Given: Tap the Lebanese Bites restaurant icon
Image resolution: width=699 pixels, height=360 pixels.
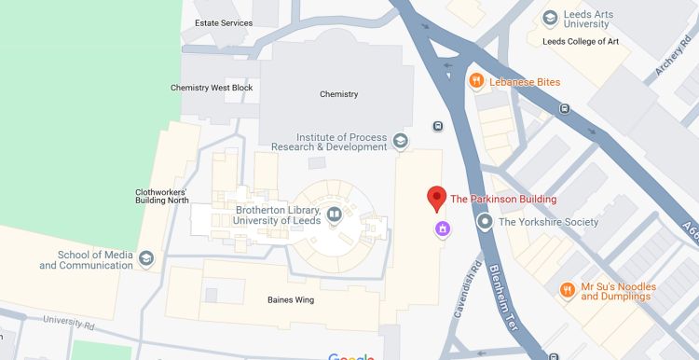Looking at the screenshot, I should (475, 81).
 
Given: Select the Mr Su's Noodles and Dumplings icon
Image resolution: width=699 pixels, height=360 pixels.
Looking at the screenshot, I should (566, 291).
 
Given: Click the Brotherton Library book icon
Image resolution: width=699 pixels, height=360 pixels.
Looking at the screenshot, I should (333, 215).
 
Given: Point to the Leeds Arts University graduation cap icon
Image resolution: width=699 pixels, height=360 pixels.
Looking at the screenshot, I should (550, 17).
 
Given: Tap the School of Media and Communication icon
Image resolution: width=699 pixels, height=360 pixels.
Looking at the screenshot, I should (146, 258).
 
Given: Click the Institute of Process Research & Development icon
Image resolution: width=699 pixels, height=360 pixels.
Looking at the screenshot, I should (400, 141).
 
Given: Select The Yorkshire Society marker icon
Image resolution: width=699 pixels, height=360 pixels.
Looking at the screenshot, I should (485, 222).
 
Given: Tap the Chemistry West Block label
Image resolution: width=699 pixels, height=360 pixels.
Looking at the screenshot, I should (212, 88).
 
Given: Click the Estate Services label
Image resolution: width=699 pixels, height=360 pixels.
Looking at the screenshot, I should (224, 23).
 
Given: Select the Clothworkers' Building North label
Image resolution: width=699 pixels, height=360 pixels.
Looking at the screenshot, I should (162, 196).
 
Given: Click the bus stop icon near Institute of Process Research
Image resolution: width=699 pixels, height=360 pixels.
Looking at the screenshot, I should (438, 126).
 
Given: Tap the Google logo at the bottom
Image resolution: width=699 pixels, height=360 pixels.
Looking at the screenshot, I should (350, 356).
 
